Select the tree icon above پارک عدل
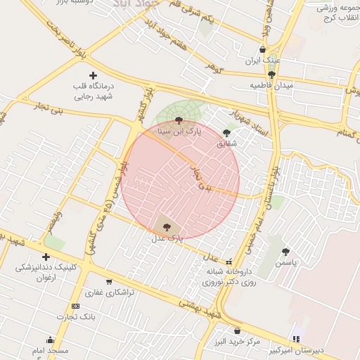point(167,226)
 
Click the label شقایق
point(226,143)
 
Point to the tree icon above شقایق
point(226,132)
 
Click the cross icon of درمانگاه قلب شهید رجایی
point(93,75)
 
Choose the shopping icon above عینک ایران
point(263,49)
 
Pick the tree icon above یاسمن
point(285,251)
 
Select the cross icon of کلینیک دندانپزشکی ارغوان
point(46,257)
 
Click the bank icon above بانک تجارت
point(76,306)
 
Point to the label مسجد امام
point(49,350)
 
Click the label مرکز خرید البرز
point(236,342)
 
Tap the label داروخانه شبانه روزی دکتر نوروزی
point(226,276)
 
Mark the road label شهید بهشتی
point(198,308)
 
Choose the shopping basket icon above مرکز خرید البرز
point(237,330)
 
